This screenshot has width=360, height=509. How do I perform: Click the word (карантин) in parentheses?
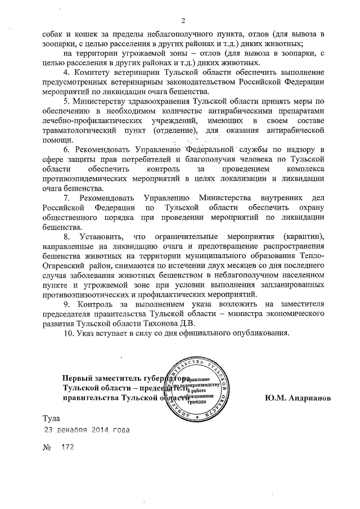point(305,237)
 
